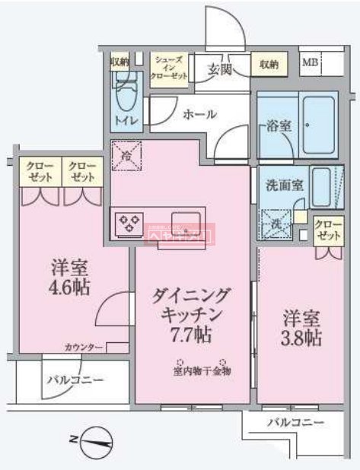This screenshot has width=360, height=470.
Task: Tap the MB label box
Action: pyautogui.click(x=311, y=62)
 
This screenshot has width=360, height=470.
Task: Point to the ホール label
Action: pyautogui.click(x=199, y=114)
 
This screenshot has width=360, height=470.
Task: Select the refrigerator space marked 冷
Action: pyautogui.click(x=126, y=155)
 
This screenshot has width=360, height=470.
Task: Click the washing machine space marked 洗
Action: pyautogui.click(x=275, y=224)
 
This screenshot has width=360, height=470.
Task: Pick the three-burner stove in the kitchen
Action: pyautogui.click(x=128, y=223)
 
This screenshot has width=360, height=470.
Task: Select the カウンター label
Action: pyautogui.click(x=84, y=348)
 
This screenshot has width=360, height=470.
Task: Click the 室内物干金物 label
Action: pyautogui.click(x=201, y=372)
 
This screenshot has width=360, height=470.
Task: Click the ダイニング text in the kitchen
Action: pyautogui.click(x=193, y=295)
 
